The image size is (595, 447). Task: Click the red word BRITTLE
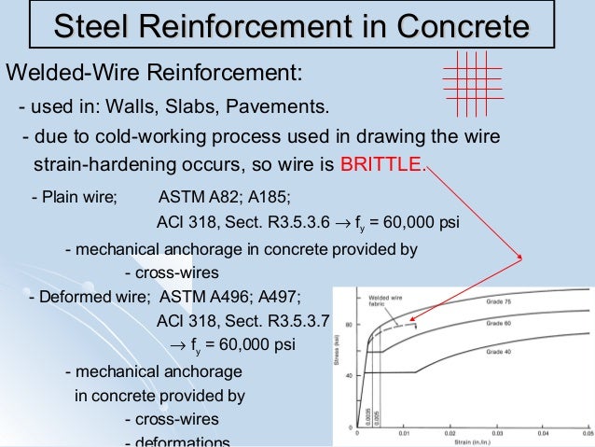[381, 167]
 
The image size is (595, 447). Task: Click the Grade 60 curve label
[500, 322]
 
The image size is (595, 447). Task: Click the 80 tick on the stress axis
[349, 324]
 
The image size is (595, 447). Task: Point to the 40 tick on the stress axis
[349, 375]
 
